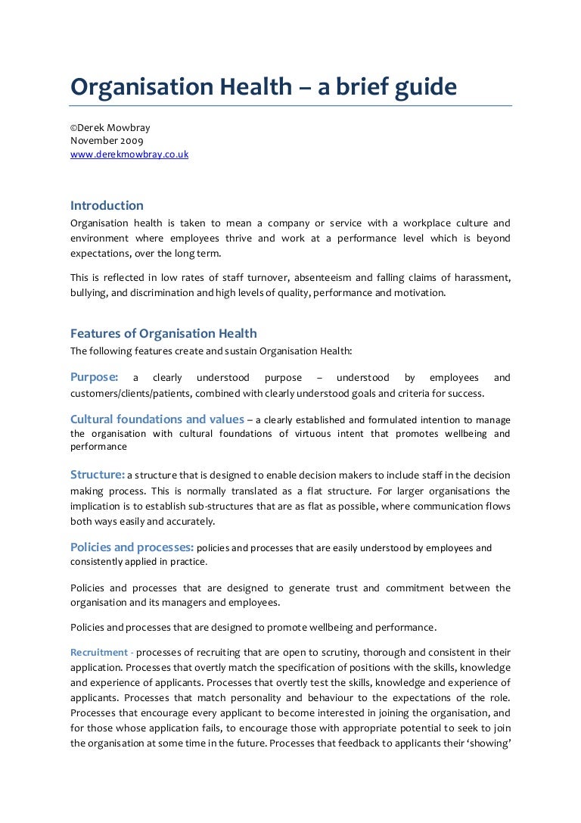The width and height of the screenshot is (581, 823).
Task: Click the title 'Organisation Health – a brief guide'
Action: [263, 88]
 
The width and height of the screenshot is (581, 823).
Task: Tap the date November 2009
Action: [107, 140]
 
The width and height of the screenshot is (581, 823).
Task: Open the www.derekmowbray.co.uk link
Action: [129, 154]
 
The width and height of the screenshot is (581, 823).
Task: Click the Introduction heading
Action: [107, 205]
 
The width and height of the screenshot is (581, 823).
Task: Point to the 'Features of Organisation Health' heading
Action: [163, 333]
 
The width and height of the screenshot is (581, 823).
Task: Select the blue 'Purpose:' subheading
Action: [94, 377]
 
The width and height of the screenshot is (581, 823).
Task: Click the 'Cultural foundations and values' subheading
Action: [157, 419]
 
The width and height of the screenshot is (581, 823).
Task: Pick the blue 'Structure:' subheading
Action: [97, 475]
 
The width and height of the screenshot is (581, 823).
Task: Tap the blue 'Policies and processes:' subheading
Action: [132, 547]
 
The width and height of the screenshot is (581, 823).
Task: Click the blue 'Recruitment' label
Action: [98, 652]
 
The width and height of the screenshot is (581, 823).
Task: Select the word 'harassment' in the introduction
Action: [481, 277]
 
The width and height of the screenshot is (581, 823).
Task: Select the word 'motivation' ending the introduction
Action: [420, 291]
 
